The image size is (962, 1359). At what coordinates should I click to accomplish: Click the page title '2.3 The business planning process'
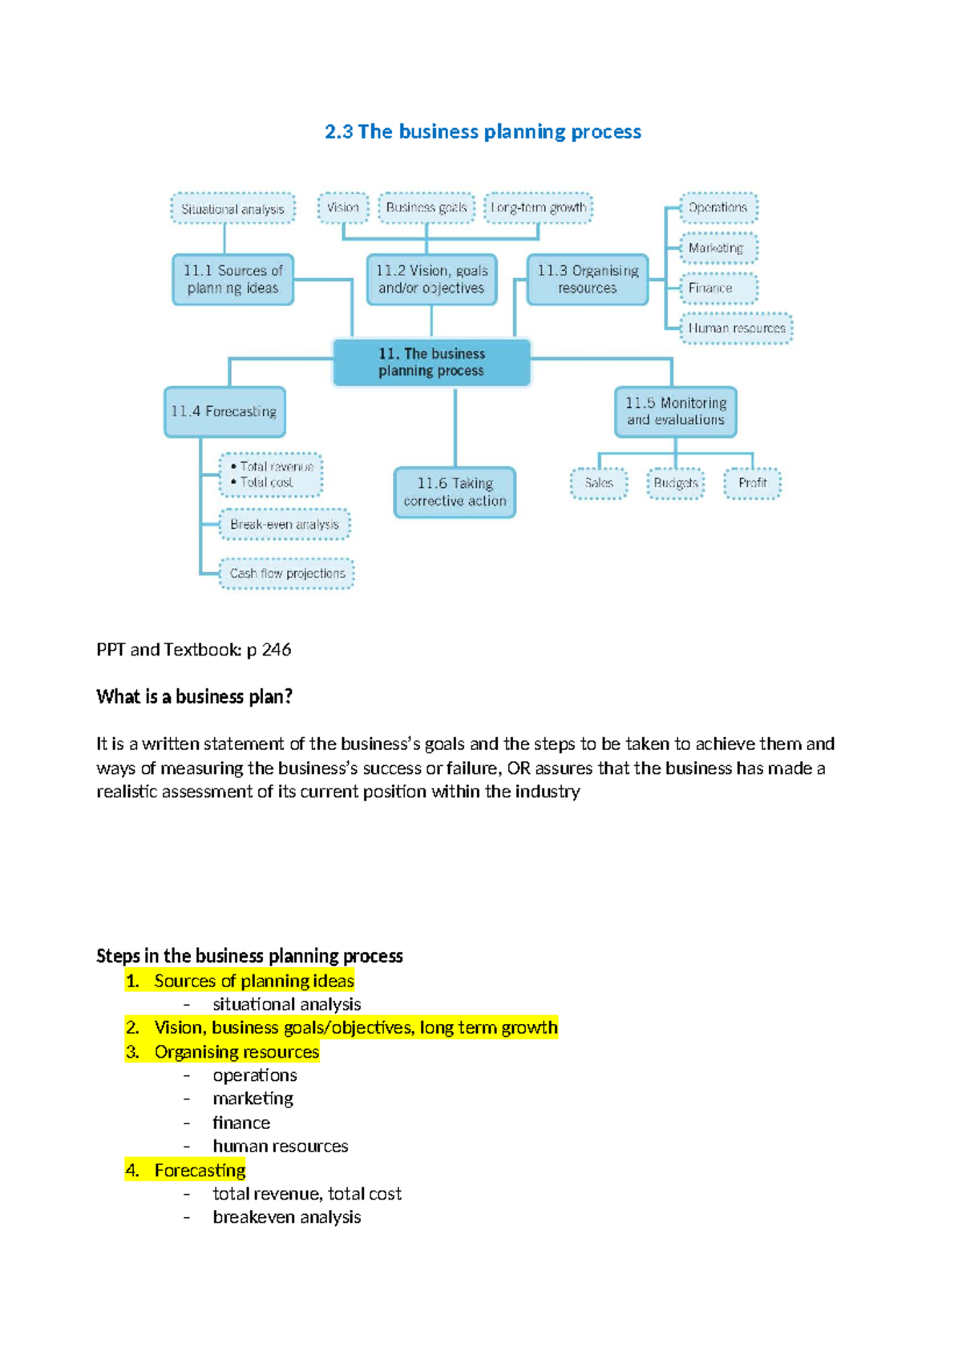pos(483,131)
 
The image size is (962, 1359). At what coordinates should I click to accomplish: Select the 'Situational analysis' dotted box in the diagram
pos(232,209)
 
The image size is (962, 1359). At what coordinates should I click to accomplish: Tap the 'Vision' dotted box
pos(343,208)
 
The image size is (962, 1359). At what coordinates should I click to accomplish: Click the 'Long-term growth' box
pos(539,208)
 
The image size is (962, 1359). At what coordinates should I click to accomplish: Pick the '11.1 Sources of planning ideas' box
pos(232,280)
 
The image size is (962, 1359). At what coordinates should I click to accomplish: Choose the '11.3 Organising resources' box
pos(588,280)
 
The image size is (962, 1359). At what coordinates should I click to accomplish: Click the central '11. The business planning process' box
pos(431,362)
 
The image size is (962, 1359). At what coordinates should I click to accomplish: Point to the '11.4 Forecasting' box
pos(224,412)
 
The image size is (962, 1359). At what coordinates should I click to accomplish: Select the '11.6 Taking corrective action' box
pos(455,492)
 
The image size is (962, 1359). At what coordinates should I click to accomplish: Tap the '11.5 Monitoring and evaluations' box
pos(675,411)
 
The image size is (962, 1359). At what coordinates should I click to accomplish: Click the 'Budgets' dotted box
pos(675,483)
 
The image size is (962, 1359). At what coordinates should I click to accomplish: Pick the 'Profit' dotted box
pos(752,483)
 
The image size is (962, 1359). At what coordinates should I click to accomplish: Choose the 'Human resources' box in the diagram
pos(736,329)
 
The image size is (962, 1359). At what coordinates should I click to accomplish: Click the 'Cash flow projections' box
pos(287,574)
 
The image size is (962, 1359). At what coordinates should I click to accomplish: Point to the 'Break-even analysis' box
pos(285,525)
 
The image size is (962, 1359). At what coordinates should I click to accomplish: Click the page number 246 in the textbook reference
pos(277,650)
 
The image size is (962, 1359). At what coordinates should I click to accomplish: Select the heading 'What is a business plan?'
pos(194,697)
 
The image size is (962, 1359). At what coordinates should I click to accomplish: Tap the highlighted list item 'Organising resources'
pos(236,1052)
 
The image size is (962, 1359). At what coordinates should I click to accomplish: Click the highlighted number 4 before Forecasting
pos(132,1171)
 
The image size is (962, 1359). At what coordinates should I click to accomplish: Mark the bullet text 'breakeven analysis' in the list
pos(286,1217)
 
